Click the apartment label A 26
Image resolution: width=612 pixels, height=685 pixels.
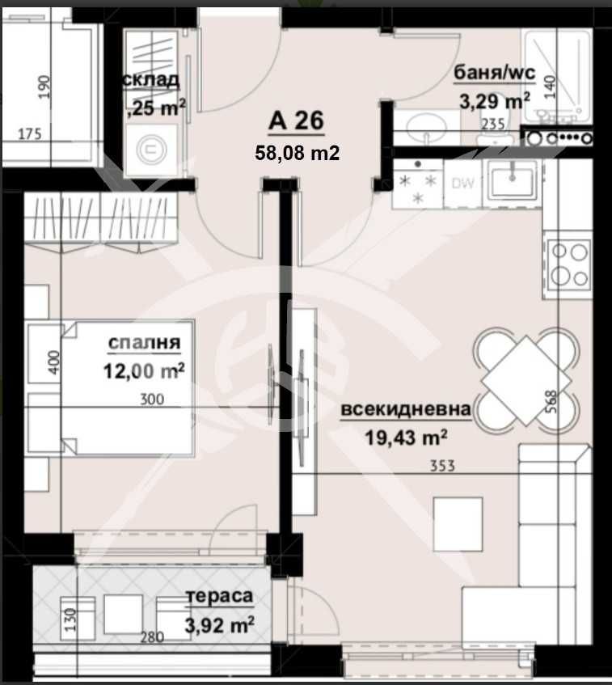click(297, 121)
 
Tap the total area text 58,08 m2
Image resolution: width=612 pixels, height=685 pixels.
click(297, 152)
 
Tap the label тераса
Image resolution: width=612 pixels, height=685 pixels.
click(220, 598)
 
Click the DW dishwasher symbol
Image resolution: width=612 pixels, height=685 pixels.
click(462, 184)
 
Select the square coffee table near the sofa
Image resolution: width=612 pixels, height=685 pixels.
click(458, 522)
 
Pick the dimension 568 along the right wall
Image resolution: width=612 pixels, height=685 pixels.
click(551, 401)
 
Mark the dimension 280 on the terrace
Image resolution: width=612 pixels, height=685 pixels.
click(151, 637)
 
